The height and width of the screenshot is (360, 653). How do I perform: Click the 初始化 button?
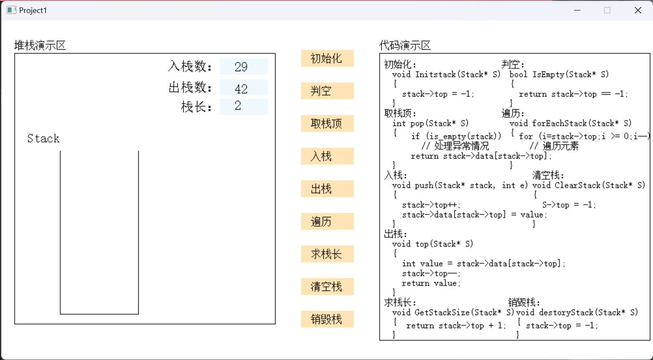[328, 58]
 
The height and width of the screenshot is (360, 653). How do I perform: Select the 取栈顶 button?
[328, 123]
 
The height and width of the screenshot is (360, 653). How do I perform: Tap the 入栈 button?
[328, 156]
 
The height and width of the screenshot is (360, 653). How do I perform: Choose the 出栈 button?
[328, 189]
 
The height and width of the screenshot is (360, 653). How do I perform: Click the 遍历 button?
[328, 221]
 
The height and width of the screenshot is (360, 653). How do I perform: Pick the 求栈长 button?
[328, 254]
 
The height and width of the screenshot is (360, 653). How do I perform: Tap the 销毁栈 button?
[328, 319]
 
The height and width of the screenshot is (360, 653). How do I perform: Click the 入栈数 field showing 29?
[244, 67]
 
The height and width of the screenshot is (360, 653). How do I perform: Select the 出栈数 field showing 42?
[244, 87]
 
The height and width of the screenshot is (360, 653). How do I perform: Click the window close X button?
[638, 10]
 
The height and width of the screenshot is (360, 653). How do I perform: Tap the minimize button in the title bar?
[577, 10]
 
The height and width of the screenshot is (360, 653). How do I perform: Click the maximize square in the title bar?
[607, 10]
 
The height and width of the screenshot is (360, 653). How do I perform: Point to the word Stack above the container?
[43, 138]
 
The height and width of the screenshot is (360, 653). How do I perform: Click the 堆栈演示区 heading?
[40, 46]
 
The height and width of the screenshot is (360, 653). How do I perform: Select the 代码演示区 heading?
[405, 46]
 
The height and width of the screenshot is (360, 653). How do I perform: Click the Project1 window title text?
[33, 10]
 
